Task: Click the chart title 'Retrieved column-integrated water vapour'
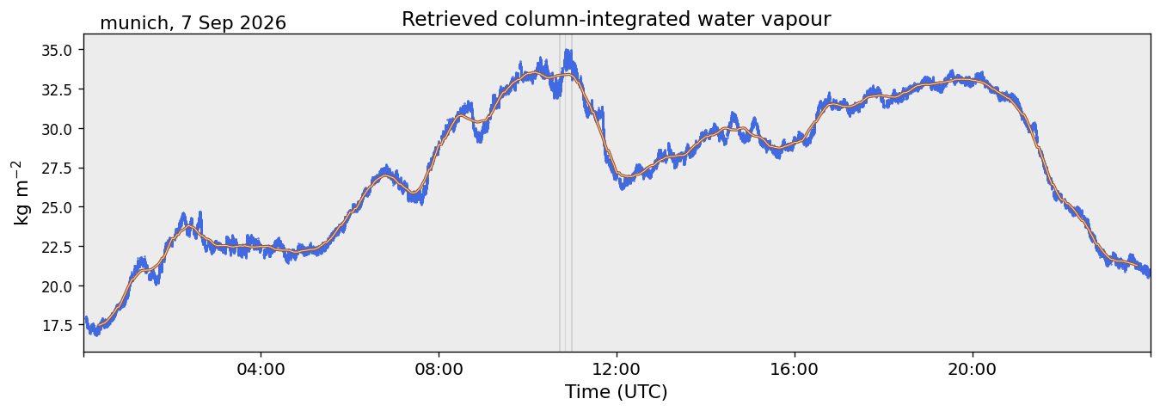click(x=617, y=19)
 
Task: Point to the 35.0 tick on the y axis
click(x=57, y=50)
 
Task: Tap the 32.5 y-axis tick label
click(x=57, y=89)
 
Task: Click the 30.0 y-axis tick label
click(x=57, y=129)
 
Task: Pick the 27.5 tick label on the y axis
click(x=57, y=169)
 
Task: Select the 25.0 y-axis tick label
click(x=57, y=207)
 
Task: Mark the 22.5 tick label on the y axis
click(x=57, y=247)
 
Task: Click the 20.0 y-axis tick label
click(x=57, y=286)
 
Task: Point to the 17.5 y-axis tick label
click(x=57, y=326)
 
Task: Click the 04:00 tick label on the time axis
click(x=261, y=370)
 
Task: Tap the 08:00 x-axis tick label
click(x=439, y=370)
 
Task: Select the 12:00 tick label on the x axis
click(x=617, y=370)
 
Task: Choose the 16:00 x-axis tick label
click(x=795, y=370)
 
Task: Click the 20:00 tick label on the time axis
click(x=973, y=370)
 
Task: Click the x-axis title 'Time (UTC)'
click(x=617, y=392)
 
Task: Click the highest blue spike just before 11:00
click(x=568, y=50)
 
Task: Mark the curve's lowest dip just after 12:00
click(x=623, y=188)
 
